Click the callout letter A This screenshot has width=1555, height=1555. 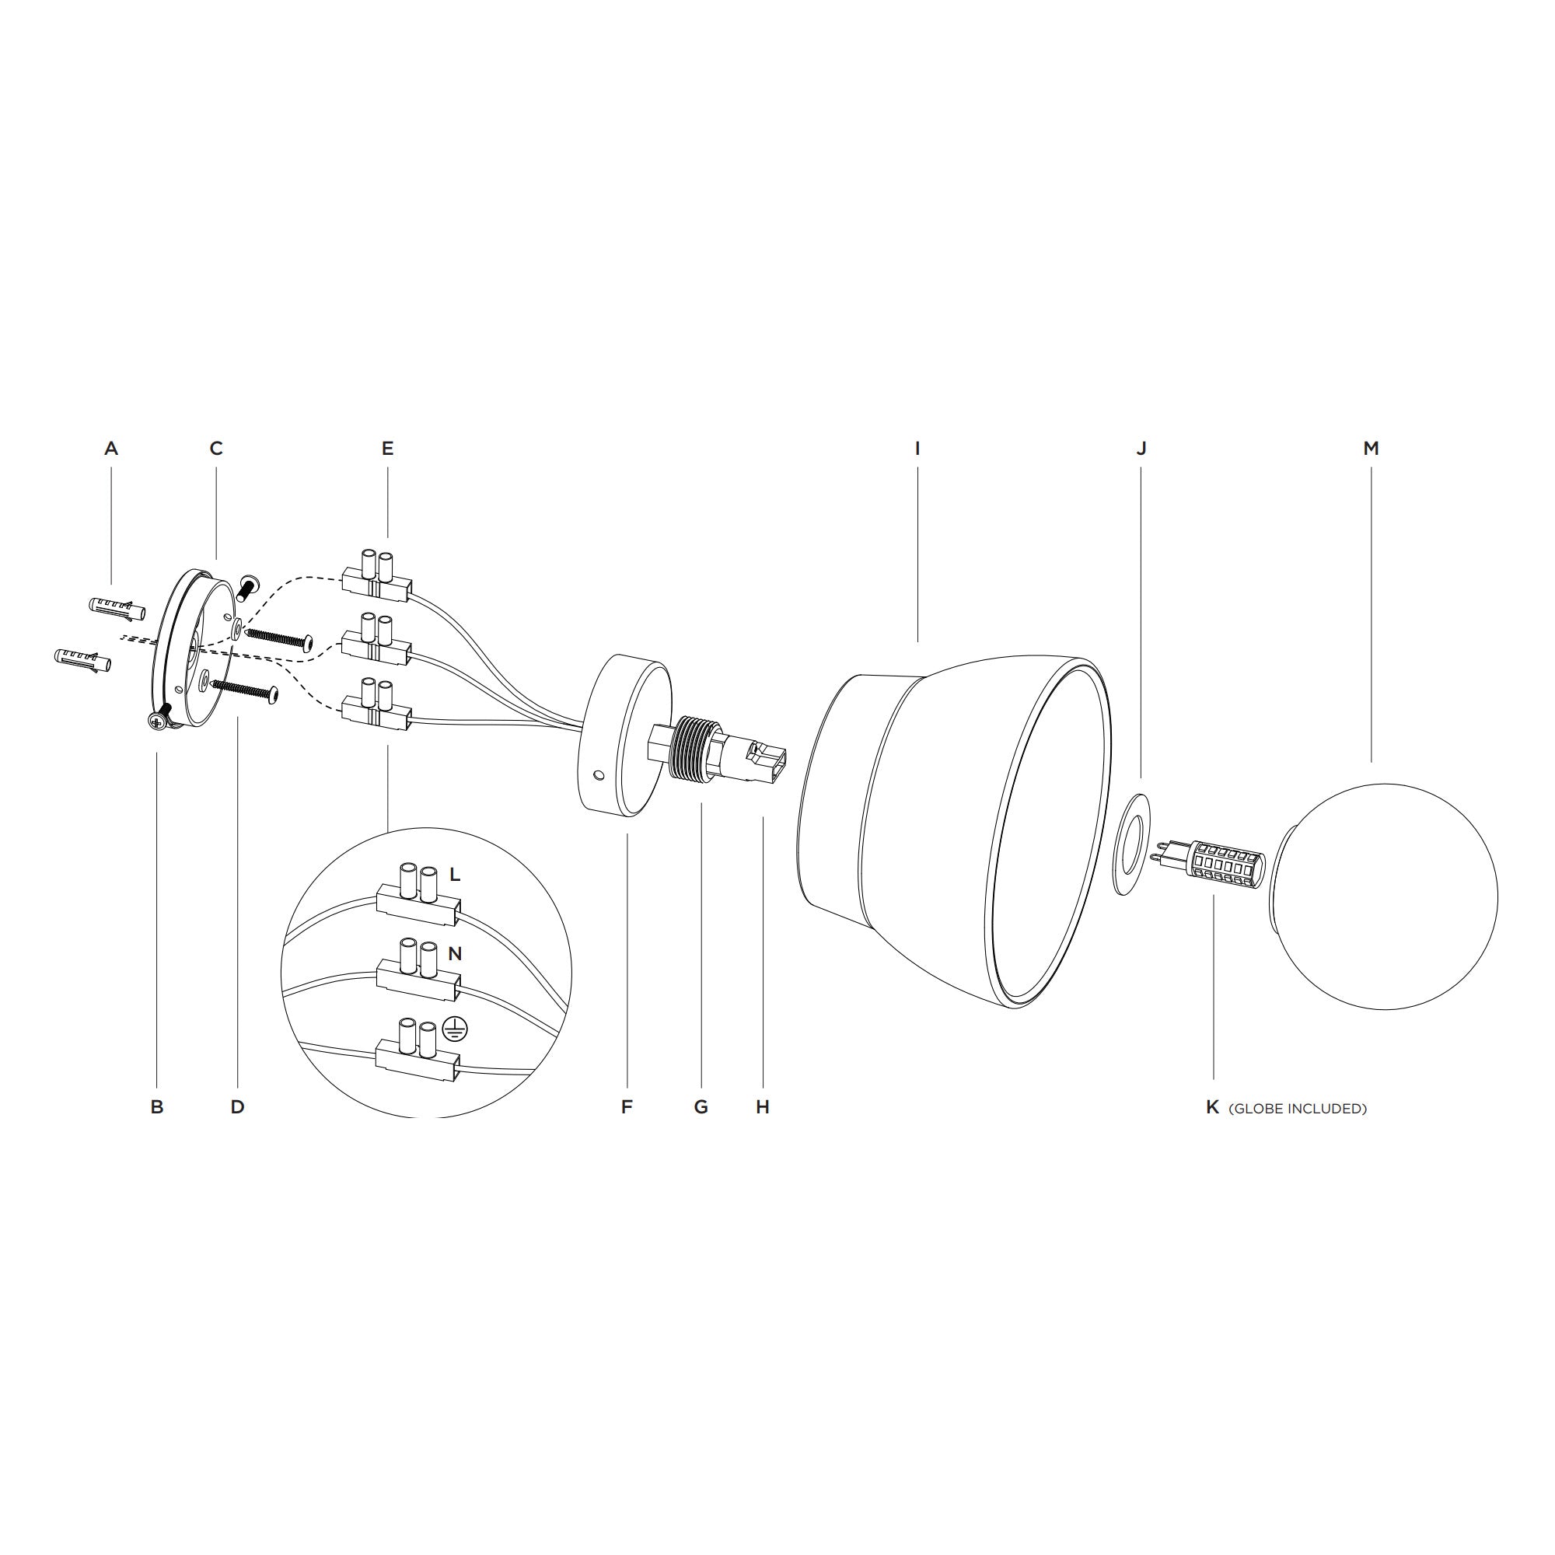coord(111,449)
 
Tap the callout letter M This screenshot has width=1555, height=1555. coord(1372,449)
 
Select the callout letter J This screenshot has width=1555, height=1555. coord(1141,449)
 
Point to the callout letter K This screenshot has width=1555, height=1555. coord(1213,1107)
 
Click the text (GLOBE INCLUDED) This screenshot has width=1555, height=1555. coord(1298,1108)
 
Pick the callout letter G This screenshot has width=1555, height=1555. coord(701,1107)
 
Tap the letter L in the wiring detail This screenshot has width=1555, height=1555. coord(455,875)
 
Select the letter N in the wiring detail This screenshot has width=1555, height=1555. coord(455,954)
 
